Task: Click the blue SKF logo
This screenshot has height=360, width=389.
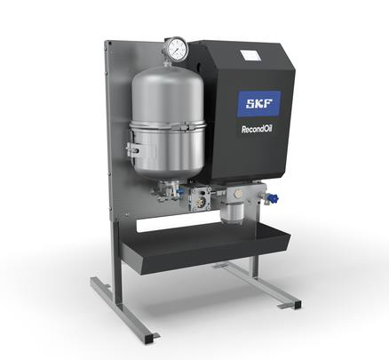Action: click(259, 103)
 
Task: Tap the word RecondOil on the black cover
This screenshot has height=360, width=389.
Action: click(257, 130)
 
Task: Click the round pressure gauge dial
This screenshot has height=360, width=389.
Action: click(177, 50)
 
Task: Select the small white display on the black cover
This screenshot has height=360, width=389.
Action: click(250, 56)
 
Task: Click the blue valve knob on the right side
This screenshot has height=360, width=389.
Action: click(272, 197)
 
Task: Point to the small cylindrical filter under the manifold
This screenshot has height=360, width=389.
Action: click(233, 212)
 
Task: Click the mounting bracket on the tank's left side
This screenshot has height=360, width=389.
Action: click(134, 149)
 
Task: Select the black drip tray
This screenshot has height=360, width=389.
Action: click(205, 247)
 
